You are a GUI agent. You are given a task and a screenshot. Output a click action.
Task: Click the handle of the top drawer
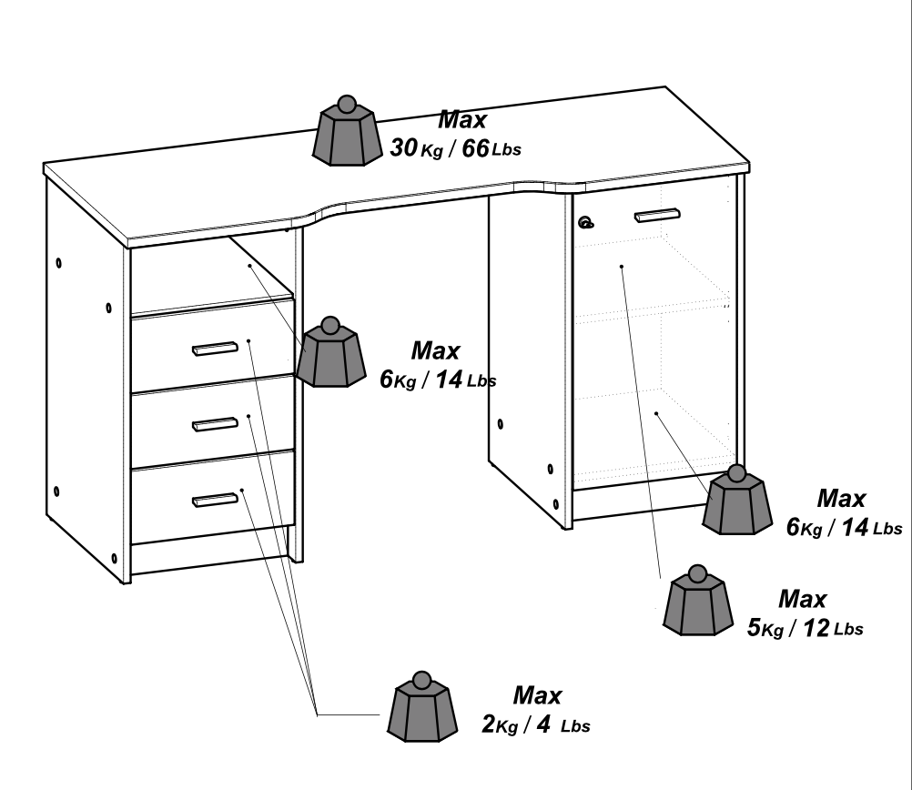215,348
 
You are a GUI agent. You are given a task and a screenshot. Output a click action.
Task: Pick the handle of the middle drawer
215,423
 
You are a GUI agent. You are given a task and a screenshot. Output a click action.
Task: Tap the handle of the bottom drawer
215,498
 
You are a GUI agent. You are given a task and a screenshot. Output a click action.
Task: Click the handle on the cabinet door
656,216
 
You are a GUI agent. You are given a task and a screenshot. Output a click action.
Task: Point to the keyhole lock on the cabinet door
585,220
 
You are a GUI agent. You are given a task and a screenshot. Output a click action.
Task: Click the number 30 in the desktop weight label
403,147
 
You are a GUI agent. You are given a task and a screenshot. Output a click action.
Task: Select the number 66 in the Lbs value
473,147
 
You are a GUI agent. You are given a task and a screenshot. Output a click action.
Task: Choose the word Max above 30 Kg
462,119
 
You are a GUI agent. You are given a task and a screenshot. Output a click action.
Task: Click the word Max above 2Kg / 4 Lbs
537,696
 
